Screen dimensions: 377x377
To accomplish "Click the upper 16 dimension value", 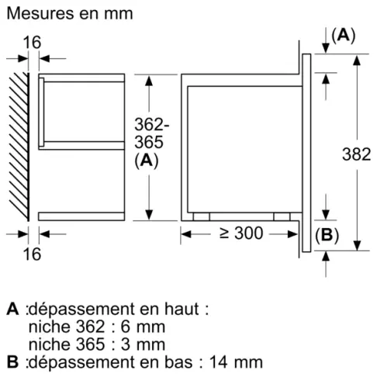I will click(32, 42).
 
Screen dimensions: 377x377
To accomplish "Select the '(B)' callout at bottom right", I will click(327, 236).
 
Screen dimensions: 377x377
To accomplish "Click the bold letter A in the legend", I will click(12, 309).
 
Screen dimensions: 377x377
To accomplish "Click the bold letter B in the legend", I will click(12, 361).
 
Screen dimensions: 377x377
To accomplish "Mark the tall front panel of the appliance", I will click(307, 151).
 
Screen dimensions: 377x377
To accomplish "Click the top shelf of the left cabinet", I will click(83, 78).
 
